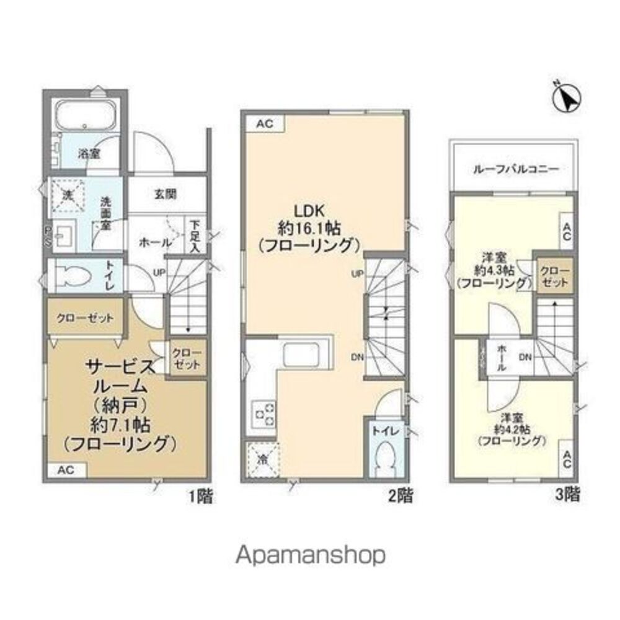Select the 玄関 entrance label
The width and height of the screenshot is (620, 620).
(166, 194)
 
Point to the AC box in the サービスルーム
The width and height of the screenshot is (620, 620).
(65, 470)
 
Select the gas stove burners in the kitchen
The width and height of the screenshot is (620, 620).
(263, 414)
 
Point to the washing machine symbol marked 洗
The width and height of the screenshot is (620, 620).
(69, 195)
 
